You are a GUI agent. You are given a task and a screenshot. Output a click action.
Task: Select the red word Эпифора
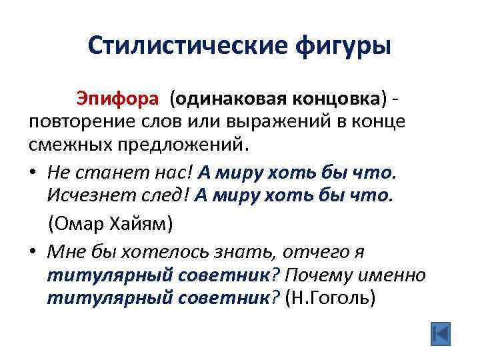(117, 99)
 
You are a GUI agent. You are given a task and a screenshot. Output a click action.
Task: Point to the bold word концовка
(337, 99)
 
